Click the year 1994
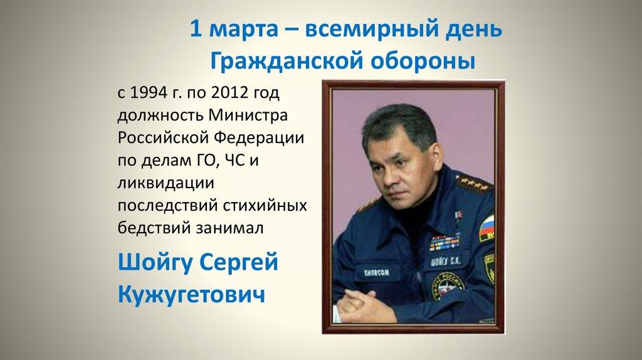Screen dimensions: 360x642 coord(148,93)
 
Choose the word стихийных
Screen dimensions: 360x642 coord(271,206)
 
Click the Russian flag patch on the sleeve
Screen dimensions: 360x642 coord(487,227)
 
